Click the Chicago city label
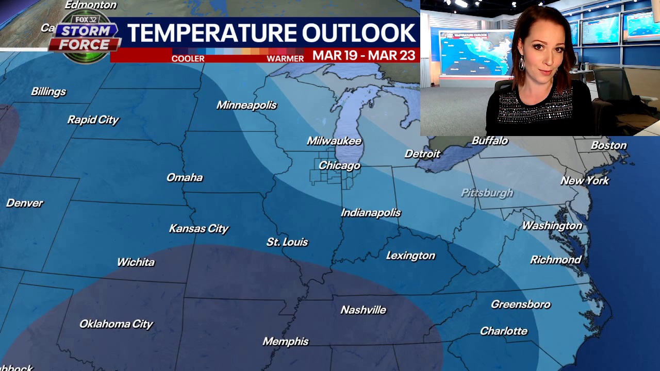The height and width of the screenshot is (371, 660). (339, 165)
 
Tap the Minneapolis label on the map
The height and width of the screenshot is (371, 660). (246, 105)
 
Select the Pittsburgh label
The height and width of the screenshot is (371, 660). (487, 193)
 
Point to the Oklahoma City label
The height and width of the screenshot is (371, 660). (116, 324)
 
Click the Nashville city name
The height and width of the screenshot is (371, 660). (363, 310)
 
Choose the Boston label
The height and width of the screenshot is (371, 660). (608, 145)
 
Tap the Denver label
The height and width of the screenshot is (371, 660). (25, 203)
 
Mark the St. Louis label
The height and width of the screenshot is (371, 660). (287, 242)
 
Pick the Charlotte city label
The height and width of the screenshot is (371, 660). (503, 331)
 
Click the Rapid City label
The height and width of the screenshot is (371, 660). (93, 120)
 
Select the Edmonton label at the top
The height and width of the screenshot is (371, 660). (91, 5)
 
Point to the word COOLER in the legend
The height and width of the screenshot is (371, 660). (188, 59)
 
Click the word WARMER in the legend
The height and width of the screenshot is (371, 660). (285, 59)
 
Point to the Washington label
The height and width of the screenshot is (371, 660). (552, 226)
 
